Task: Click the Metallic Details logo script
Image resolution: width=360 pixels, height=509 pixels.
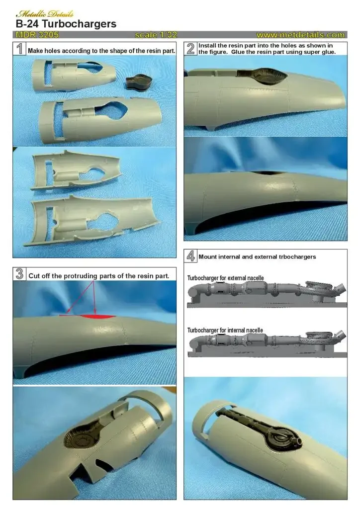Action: [x=44, y=13]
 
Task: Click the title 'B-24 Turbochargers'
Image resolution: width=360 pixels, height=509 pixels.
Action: [x=66, y=24]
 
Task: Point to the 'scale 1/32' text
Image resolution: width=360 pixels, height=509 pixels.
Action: [x=156, y=35]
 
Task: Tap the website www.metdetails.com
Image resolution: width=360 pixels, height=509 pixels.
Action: [x=301, y=35]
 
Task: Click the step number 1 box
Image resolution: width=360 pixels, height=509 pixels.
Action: [x=19, y=49]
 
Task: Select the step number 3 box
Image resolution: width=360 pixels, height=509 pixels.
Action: [x=19, y=274]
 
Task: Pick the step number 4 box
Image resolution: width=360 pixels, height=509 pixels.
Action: [x=190, y=256]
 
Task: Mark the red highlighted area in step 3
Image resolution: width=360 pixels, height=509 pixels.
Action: [x=97, y=317]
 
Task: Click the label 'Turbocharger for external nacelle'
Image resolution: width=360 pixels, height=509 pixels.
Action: [x=225, y=278]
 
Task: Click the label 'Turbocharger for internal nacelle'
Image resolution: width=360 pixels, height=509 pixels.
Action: [x=225, y=330]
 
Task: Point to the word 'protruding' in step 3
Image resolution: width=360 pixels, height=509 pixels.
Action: [x=81, y=276]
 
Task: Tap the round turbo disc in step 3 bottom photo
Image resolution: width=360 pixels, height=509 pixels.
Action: [x=81, y=440]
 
